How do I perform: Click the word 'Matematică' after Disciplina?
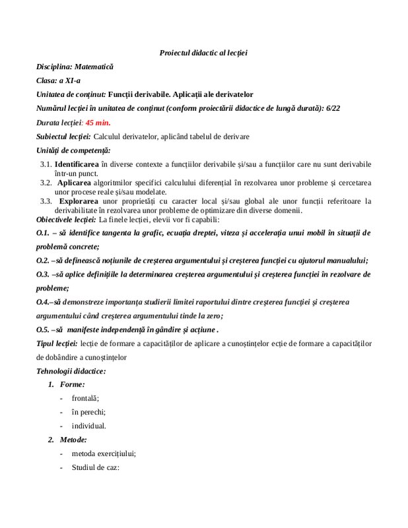pyautogui.click(x=94, y=67)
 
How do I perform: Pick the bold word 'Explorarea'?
pyautogui.click(x=79, y=200)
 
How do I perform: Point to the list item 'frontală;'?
pyautogui.click(x=86, y=398)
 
